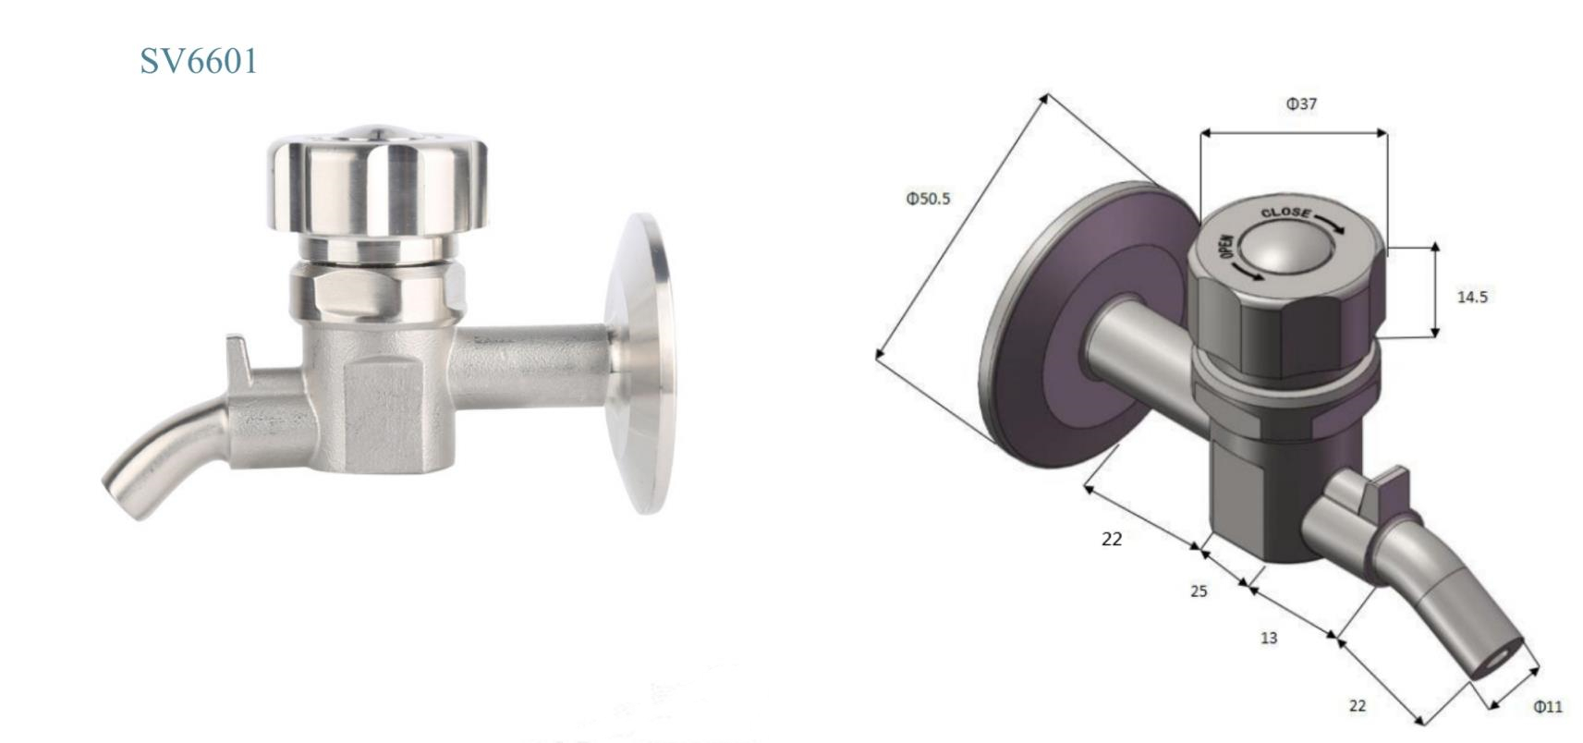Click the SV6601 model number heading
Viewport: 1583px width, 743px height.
[x=199, y=61]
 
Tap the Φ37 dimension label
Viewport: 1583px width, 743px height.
[x=1301, y=104]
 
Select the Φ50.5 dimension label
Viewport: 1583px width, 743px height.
[x=928, y=198]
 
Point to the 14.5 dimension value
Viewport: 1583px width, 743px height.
[x=1472, y=297]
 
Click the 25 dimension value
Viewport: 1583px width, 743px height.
[x=1199, y=591]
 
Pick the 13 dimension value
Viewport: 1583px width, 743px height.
[x=1269, y=638]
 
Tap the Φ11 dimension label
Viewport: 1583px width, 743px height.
[x=1548, y=706]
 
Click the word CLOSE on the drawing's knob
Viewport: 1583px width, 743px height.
[x=1286, y=213]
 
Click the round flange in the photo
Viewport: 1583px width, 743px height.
[x=639, y=363]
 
